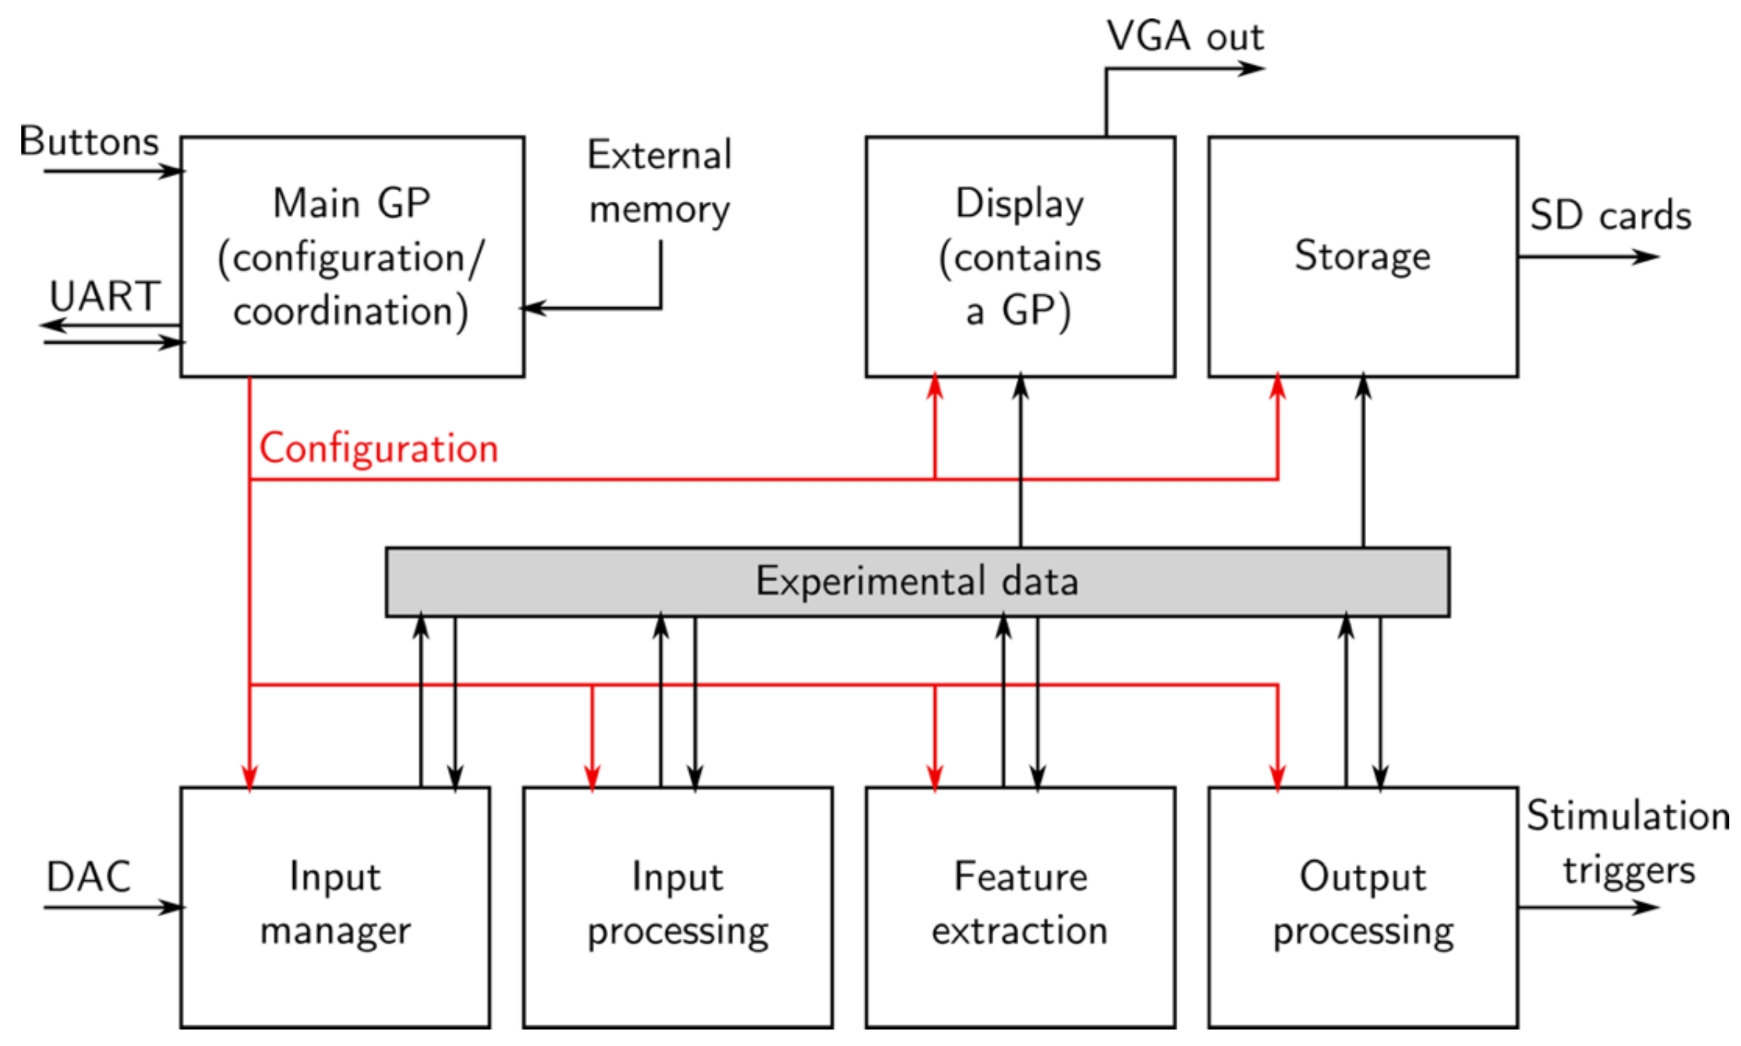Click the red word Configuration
point(378,448)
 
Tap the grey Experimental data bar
point(917,581)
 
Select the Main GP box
point(351,256)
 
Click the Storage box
point(1362,256)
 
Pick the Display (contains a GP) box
point(1020,256)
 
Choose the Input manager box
point(335,907)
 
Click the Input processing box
point(677,907)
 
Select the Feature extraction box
point(1020,907)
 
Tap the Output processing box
point(1362,907)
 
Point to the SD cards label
point(1610,215)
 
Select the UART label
point(104,296)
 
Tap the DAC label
point(88,877)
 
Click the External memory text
point(660,182)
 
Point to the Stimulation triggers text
point(1627,843)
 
